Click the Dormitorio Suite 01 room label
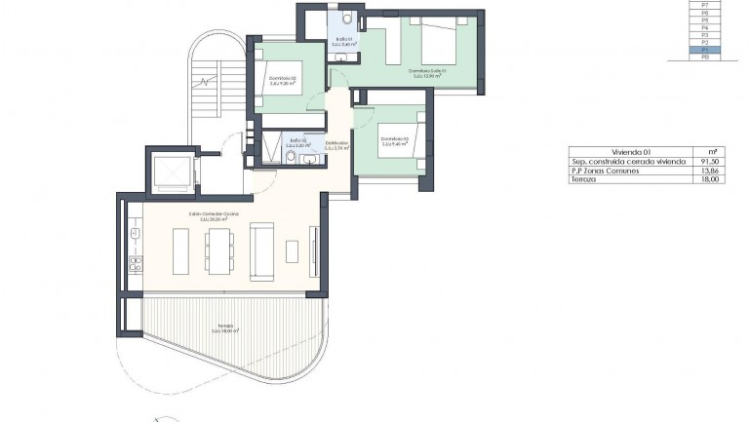(427, 71)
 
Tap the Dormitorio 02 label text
(283, 80)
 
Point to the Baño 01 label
(343, 41)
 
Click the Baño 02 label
(298, 142)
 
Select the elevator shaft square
(172, 173)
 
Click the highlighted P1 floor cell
(705, 50)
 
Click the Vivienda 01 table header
(630, 152)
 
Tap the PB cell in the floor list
(705, 58)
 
